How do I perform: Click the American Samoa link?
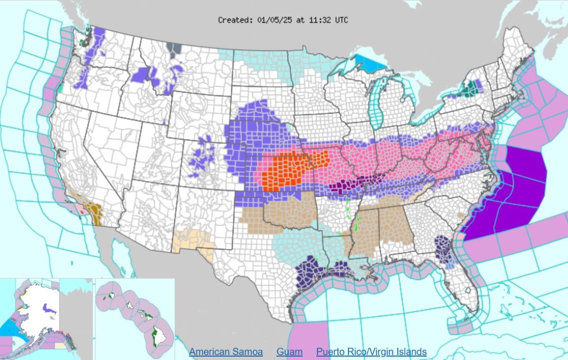coord(226,352)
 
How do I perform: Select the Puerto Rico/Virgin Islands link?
coord(372,352)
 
